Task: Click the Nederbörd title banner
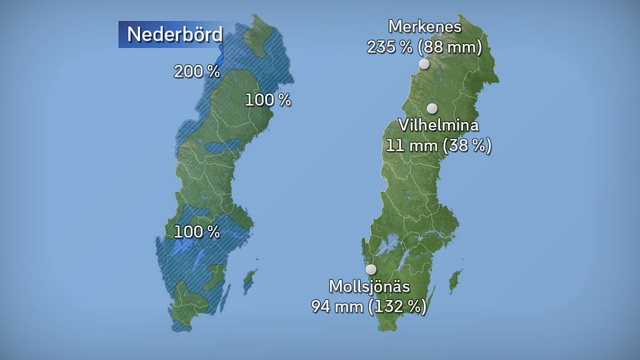(171, 34)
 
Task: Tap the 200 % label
(197, 72)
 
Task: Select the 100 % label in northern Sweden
(268, 100)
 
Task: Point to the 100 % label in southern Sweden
(197, 231)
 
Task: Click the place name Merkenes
(425, 28)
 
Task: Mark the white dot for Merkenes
(424, 64)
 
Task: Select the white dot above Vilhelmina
(432, 108)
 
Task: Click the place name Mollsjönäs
(370, 286)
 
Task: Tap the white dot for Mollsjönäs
(371, 269)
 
